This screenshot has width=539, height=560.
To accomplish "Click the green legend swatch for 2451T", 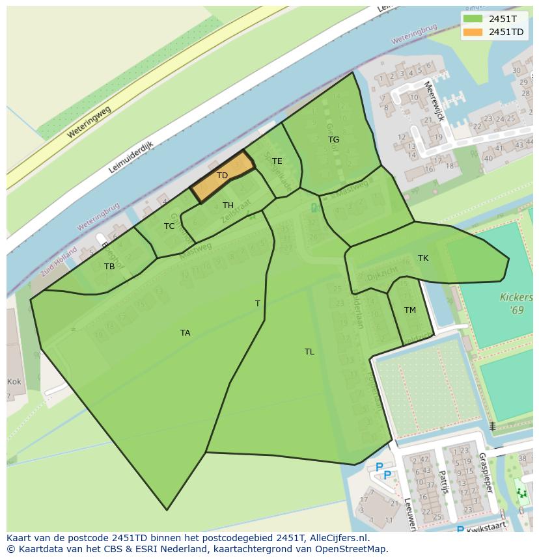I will tap(473, 19).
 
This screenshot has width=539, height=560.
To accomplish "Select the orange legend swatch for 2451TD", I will tap(473, 32).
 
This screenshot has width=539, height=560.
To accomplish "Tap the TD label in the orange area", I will tap(222, 176).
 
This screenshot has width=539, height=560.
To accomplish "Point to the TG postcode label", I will tap(333, 140).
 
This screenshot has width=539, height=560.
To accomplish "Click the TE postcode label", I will tap(277, 161).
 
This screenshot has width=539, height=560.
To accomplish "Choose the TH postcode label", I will tap(228, 206).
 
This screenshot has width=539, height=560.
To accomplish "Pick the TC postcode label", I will tap(169, 226).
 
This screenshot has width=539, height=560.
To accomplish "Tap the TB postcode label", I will tap(109, 267).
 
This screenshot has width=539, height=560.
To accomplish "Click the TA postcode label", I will tap(186, 333).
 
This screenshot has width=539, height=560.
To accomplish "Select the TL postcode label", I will tap(309, 352).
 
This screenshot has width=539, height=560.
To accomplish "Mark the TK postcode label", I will tap(423, 258).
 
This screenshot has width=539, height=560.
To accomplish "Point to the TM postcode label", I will tap(409, 310).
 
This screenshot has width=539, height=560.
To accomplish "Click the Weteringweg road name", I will tap(89, 122).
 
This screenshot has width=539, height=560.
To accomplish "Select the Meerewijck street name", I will tap(434, 101).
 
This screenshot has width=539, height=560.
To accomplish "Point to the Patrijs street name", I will tap(444, 482).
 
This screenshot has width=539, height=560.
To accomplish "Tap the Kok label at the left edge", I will tap(14, 382).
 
